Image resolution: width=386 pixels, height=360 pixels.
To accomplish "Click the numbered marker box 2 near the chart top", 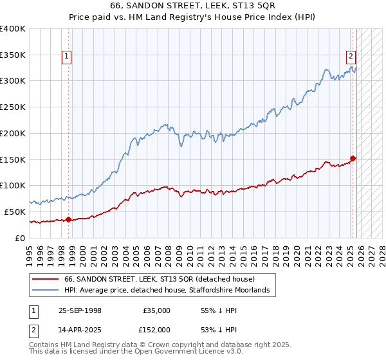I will pos(351,57).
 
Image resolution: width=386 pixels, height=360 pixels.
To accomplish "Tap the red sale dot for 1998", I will pos(68,220).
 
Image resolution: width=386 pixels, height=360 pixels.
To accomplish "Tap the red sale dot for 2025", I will pos(353,158).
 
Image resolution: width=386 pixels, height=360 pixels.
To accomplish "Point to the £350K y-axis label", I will pos(14,55).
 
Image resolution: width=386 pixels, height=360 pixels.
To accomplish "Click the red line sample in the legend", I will pos(46,279).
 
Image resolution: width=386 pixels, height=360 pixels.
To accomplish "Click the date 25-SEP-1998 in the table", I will pos(80,310).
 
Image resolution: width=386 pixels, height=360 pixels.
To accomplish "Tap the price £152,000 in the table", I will pos(156,329).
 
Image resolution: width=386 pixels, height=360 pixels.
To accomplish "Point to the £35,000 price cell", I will pos(156,310).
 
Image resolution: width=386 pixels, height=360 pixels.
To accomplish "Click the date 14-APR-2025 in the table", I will pos(80,329).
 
